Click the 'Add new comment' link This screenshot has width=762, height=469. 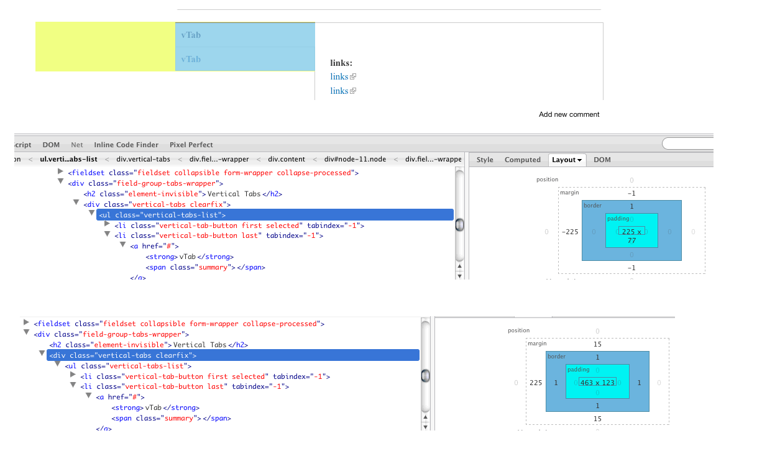point(569,114)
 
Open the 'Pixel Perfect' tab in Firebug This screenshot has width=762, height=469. point(191,145)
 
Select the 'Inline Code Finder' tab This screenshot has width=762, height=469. point(126,145)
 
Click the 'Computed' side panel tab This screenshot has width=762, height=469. point(522,160)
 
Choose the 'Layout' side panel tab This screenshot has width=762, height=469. point(567,160)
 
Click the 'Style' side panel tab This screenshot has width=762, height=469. point(485,160)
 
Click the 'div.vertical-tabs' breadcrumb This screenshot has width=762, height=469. point(143,160)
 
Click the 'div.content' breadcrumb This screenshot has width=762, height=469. point(287,160)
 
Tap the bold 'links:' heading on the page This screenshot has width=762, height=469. point(341,63)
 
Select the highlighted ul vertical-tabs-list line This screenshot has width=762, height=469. point(275,215)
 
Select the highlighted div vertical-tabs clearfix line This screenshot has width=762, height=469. point(232,355)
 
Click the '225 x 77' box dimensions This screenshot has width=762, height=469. point(631,235)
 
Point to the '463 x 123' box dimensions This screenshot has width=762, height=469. point(597,383)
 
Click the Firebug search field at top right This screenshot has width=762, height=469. point(687,144)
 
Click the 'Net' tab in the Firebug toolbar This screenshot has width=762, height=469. point(77,145)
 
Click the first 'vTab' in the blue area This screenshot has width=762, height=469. point(191,35)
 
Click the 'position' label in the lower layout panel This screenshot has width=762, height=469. point(518,330)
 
